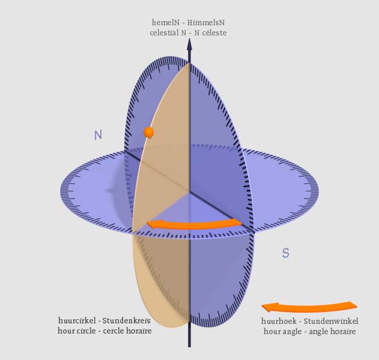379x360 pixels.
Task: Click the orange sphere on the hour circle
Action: tap(148, 132)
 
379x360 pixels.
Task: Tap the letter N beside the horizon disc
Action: tap(98, 135)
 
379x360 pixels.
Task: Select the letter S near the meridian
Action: tap(285, 253)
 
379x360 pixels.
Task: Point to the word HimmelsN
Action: tap(206, 22)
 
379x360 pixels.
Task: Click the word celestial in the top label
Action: tap(164, 32)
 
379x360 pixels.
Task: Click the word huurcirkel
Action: tap(77, 320)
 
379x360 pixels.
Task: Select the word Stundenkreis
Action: tap(127, 320)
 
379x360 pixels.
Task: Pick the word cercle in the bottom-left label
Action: tap(112, 331)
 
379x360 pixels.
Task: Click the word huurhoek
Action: tap(279, 321)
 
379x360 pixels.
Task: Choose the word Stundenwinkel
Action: tap(331, 321)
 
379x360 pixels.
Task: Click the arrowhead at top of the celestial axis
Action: tap(190, 44)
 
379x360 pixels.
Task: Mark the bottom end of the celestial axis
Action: tap(189, 347)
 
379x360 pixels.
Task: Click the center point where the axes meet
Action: tap(189, 192)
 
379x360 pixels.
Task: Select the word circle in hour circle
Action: tap(86, 331)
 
